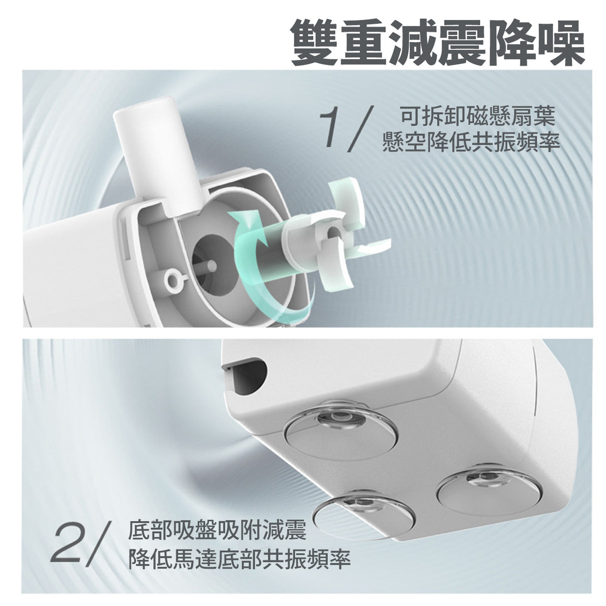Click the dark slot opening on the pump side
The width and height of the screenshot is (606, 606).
[247, 374]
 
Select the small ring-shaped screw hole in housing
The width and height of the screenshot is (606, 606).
[173, 278]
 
